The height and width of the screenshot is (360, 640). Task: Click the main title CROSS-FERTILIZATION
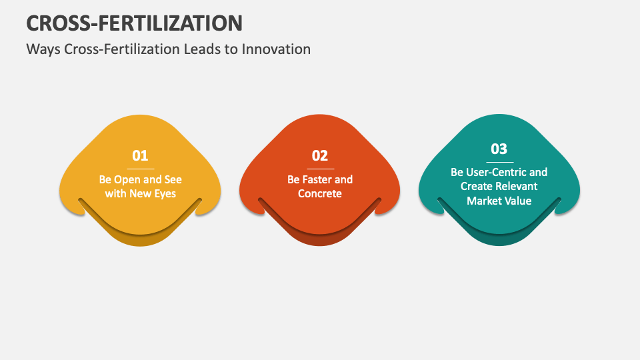(134, 23)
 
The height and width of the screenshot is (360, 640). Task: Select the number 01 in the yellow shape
(140, 155)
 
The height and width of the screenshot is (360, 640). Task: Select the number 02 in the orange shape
(320, 155)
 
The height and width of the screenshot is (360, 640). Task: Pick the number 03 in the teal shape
(499, 149)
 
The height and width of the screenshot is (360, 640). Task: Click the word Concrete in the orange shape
(320, 193)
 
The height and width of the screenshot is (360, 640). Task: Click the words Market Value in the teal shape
(499, 200)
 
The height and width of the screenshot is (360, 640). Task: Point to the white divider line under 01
(140, 169)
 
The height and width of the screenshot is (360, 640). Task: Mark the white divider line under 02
(320, 169)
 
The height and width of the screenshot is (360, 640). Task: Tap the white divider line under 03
(499, 162)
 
